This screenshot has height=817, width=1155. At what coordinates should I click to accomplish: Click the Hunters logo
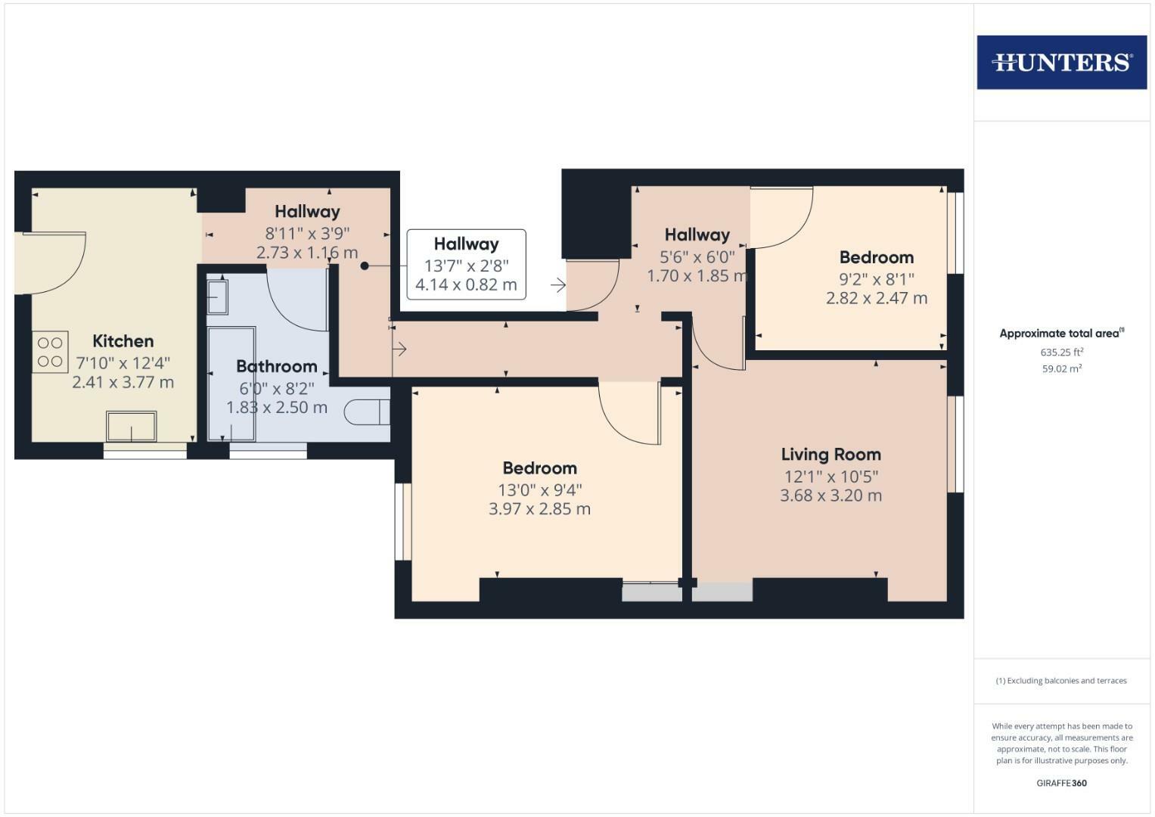click(1061, 62)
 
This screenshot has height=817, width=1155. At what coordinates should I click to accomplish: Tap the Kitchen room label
click(123, 340)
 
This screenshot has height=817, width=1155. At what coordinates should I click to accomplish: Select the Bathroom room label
click(276, 366)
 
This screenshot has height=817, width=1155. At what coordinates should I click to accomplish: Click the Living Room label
click(831, 455)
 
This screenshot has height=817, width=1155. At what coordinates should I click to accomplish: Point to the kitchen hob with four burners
click(50, 352)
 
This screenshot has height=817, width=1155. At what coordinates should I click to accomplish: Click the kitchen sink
click(132, 426)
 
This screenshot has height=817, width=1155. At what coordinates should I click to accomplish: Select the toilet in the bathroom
click(367, 412)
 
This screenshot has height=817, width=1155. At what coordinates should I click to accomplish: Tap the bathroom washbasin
click(217, 297)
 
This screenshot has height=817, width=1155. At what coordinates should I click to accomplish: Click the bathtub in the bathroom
click(231, 384)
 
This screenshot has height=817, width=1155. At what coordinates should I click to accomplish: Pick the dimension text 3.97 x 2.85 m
click(539, 509)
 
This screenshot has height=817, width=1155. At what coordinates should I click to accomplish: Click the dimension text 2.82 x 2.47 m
click(876, 298)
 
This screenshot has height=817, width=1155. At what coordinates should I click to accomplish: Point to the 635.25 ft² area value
click(1061, 353)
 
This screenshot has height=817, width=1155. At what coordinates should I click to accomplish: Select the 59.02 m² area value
click(1061, 369)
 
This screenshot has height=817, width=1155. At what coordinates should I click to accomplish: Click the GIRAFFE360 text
click(1061, 783)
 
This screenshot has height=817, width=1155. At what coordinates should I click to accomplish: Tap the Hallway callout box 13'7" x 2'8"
click(466, 264)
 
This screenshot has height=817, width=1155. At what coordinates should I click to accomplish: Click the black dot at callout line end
click(365, 266)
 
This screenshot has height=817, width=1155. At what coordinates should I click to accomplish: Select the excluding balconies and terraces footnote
click(1061, 681)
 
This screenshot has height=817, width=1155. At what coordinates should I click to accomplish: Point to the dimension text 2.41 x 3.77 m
click(123, 383)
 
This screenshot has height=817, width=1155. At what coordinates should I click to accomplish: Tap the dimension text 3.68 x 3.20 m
click(831, 496)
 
